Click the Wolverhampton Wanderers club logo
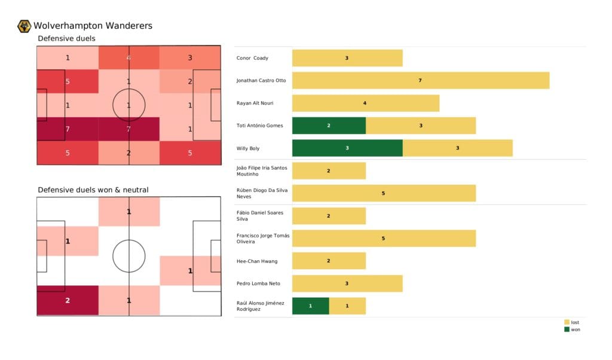click(25, 26)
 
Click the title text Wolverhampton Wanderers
click(93, 26)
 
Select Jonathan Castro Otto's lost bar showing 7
click(420, 80)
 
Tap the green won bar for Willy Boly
click(347, 148)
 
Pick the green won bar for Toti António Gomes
click(329, 126)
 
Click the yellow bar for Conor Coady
click(347, 58)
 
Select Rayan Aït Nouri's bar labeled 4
click(365, 103)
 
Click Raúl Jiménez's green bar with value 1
click(310, 306)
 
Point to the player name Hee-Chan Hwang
click(257, 261)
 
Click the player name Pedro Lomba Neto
click(259, 283)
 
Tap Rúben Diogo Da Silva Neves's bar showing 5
click(384, 193)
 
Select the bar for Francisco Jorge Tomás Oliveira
click(384, 239)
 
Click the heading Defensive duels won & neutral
click(93, 190)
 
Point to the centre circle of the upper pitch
click(129, 105)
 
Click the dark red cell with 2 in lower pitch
click(68, 300)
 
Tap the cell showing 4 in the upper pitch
click(129, 58)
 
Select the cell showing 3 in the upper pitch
click(190, 58)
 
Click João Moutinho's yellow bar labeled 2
click(329, 170)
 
